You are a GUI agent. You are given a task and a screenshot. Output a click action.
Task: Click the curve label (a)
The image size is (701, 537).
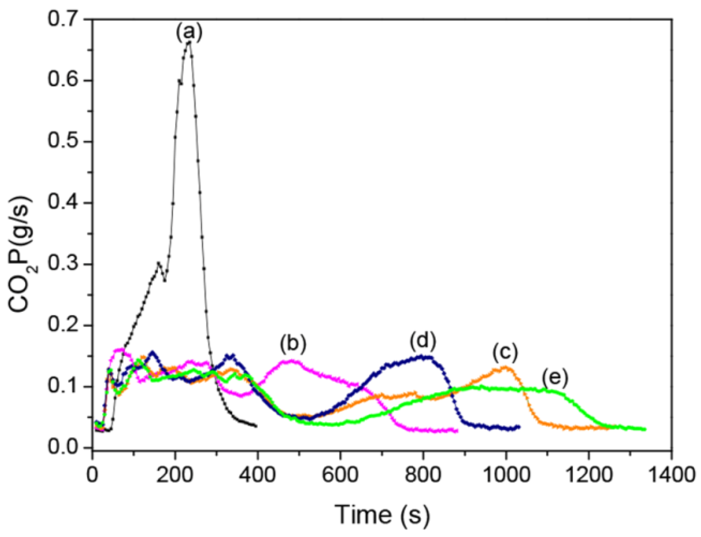[x=189, y=32]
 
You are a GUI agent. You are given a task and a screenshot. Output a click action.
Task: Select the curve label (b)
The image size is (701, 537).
[x=293, y=343]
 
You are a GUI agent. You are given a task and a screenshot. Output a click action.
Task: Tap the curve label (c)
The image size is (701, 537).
[x=505, y=352]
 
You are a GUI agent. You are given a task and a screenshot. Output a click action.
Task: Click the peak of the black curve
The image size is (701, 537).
[x=189, y=42]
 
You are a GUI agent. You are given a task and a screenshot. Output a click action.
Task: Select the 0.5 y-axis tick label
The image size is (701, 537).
[x=64, y=141]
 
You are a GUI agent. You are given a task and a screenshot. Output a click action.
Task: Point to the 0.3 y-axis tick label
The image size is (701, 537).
[x=64, y=264]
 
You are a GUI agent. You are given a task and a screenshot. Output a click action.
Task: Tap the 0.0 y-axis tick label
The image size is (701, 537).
[x=64, y=448]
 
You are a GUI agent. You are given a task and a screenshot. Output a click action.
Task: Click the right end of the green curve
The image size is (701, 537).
[x=645, y=429]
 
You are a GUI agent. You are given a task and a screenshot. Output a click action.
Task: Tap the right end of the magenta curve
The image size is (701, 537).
[x=457, y=431]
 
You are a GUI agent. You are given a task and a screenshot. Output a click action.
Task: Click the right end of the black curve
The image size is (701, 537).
[x=256, y=426]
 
